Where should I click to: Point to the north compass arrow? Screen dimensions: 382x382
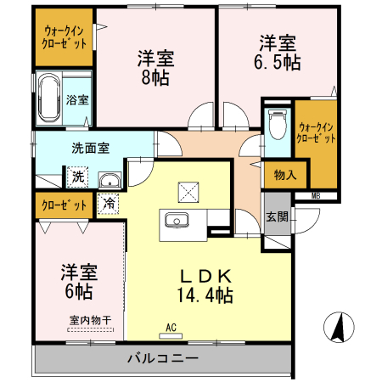pos(339,325)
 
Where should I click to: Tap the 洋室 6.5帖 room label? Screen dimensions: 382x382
pos(278,53)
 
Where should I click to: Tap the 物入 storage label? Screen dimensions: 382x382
pos(284,176)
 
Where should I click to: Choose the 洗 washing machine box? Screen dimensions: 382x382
pos(77,177)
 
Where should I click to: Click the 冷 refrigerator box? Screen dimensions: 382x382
pos(109,203)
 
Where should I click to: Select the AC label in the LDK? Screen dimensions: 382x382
pos(170,327)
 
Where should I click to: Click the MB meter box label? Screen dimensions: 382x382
pos(316,196)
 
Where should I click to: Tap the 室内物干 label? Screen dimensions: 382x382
pos(85,321)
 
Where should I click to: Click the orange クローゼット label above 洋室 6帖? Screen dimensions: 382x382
pos(64,205)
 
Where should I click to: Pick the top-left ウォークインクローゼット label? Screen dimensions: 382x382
pos(65,37)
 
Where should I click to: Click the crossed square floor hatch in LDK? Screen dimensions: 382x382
pos(188,191)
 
